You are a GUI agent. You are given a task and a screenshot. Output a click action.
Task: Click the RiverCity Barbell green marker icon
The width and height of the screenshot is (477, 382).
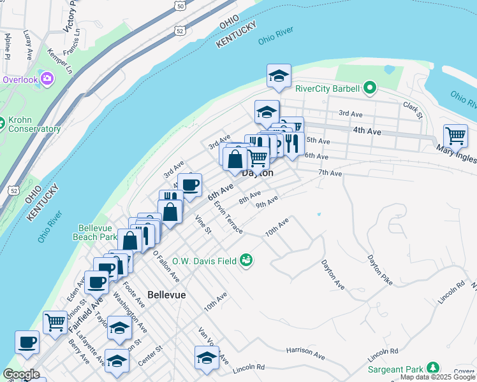[369, 88]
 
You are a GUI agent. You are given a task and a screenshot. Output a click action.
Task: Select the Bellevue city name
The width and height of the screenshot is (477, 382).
[166, 295]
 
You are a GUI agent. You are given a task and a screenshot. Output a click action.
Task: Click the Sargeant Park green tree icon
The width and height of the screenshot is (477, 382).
[433, 368]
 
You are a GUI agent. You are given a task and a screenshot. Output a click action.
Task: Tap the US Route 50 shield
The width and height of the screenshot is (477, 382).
[181, 5]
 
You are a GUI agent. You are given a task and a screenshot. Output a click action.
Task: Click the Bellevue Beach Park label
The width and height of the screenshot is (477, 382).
[98, 232]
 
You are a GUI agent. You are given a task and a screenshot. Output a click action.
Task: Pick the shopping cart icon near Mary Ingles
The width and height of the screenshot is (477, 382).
[455, 135]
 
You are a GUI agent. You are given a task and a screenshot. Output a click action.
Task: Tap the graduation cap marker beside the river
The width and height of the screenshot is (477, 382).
[279, 76]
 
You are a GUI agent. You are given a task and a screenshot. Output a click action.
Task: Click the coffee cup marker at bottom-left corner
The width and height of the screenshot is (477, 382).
[27, 342]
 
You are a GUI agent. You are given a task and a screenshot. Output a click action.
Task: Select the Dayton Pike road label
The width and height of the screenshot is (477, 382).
[379, 268]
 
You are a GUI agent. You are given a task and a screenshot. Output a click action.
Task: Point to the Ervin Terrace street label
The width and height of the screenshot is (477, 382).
[228, 218]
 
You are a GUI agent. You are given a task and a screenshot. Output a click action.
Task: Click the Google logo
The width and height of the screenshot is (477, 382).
[21, 374]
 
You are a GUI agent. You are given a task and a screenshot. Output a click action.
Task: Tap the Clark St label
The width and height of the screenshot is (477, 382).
[413, 110]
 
